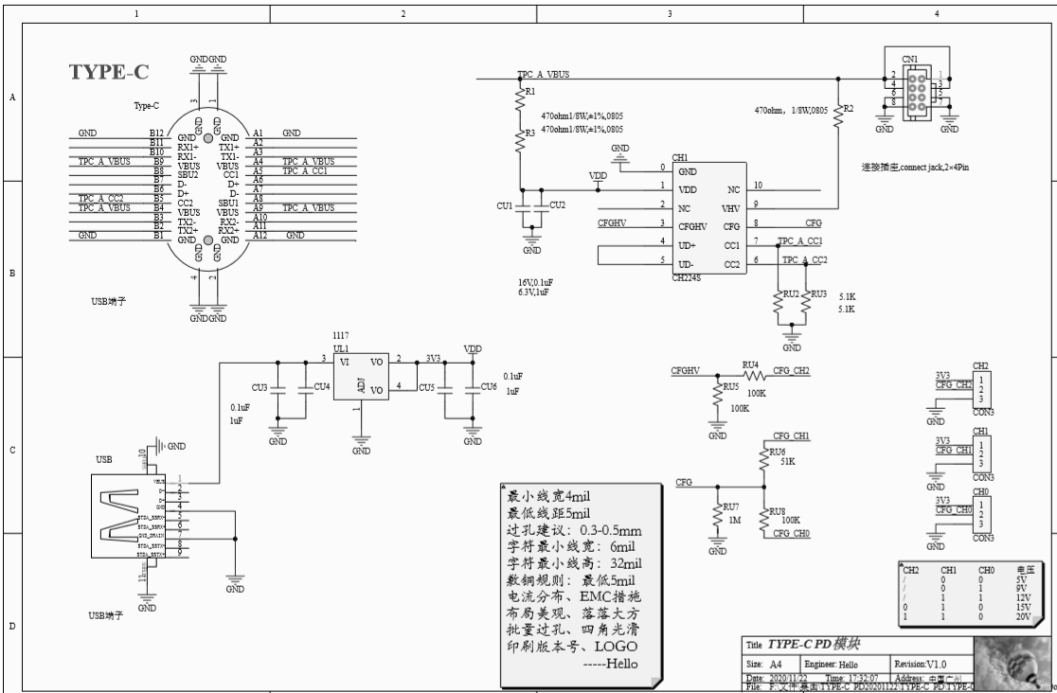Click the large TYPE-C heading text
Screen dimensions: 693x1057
(x=108, y=73)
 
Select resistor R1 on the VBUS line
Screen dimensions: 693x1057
(x=519, y=98)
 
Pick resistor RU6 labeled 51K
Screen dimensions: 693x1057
(x=763, y=458)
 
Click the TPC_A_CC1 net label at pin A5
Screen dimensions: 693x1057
(x=304, y=171)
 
